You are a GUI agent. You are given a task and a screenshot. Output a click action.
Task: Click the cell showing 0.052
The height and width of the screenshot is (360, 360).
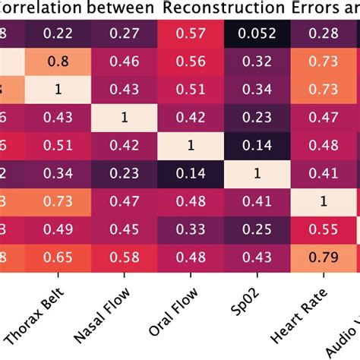point(256,32)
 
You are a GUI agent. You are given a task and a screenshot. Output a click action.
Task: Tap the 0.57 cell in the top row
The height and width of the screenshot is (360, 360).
point(190,32)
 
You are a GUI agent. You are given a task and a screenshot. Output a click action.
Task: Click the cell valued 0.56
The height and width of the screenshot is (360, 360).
point(190,61)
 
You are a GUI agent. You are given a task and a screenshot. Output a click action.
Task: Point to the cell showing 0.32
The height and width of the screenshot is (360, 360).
point(256,61)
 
